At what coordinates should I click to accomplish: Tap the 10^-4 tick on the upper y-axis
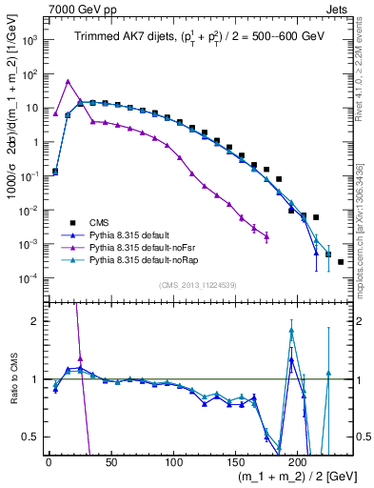pos(30,278)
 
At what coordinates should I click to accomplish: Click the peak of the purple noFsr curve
pos(68,81)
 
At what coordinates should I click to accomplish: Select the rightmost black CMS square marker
pos(341,261)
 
